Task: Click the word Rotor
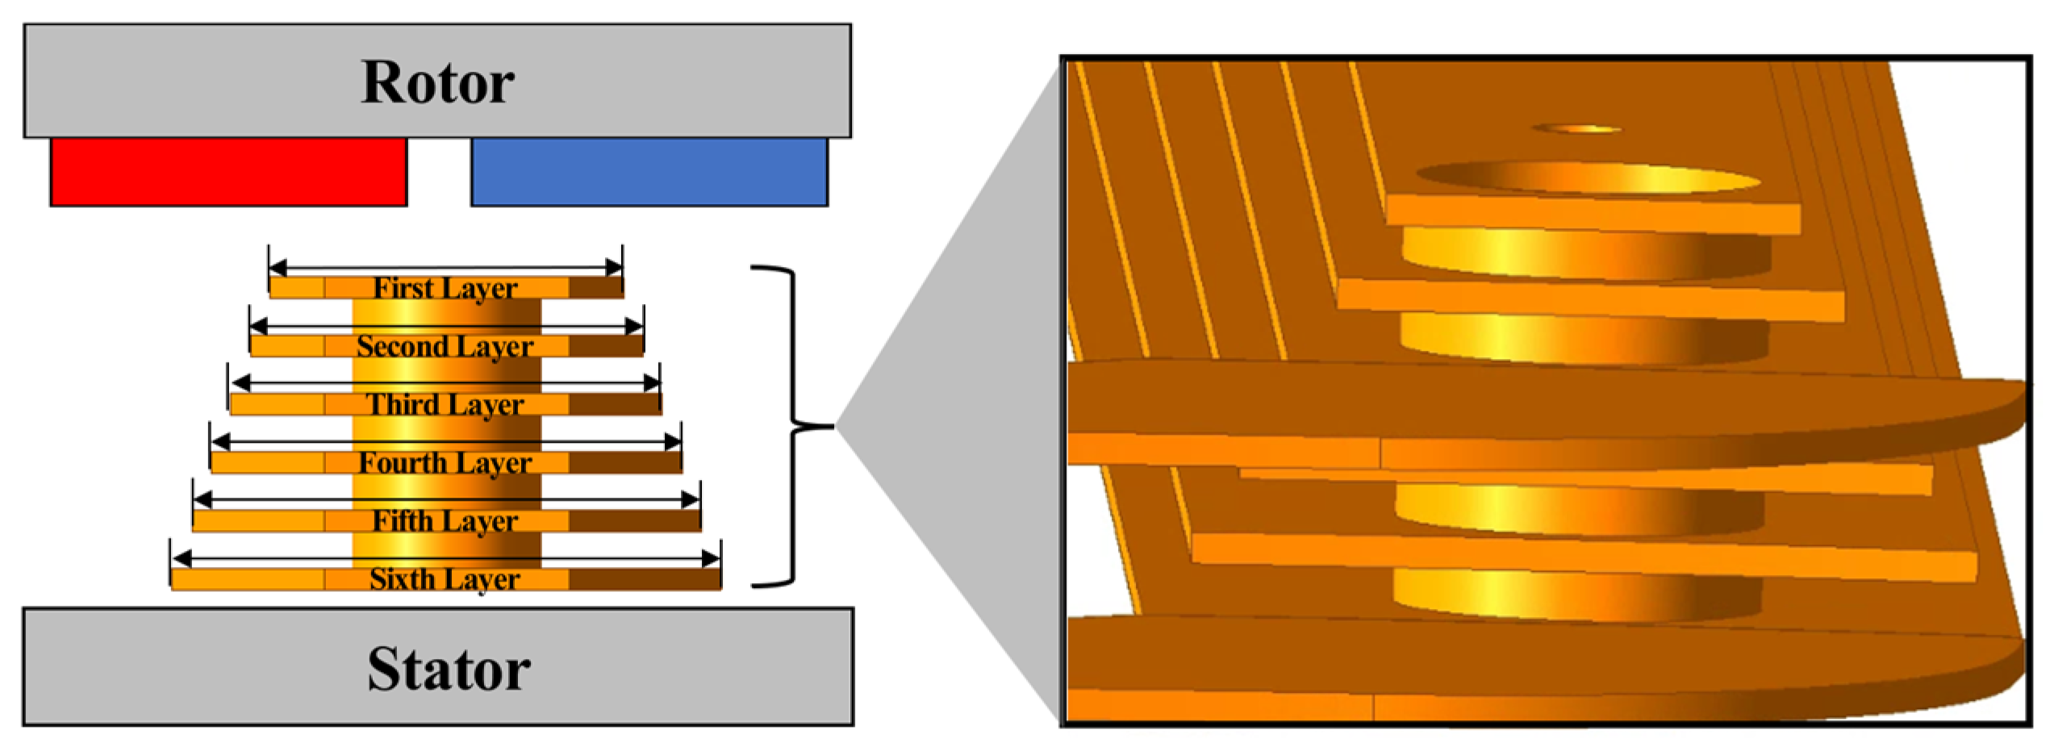(437, 82)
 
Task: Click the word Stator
(449, 669)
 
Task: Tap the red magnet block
(228, 172)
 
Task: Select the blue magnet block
(649, 172)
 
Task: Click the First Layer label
(445, 288)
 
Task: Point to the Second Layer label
(445, 347)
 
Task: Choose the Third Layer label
(445, 404)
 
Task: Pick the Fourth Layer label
(445, 463)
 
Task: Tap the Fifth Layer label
(445, 521)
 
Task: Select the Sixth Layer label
(445, 579)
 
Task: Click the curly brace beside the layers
(795, 425)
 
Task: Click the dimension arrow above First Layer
(445, 267)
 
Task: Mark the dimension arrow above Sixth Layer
(445, 558)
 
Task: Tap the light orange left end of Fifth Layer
(258, 521)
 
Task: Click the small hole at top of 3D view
(1576, 129)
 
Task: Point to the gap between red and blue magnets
(439, 172)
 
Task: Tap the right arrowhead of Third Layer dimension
(652, 383)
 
